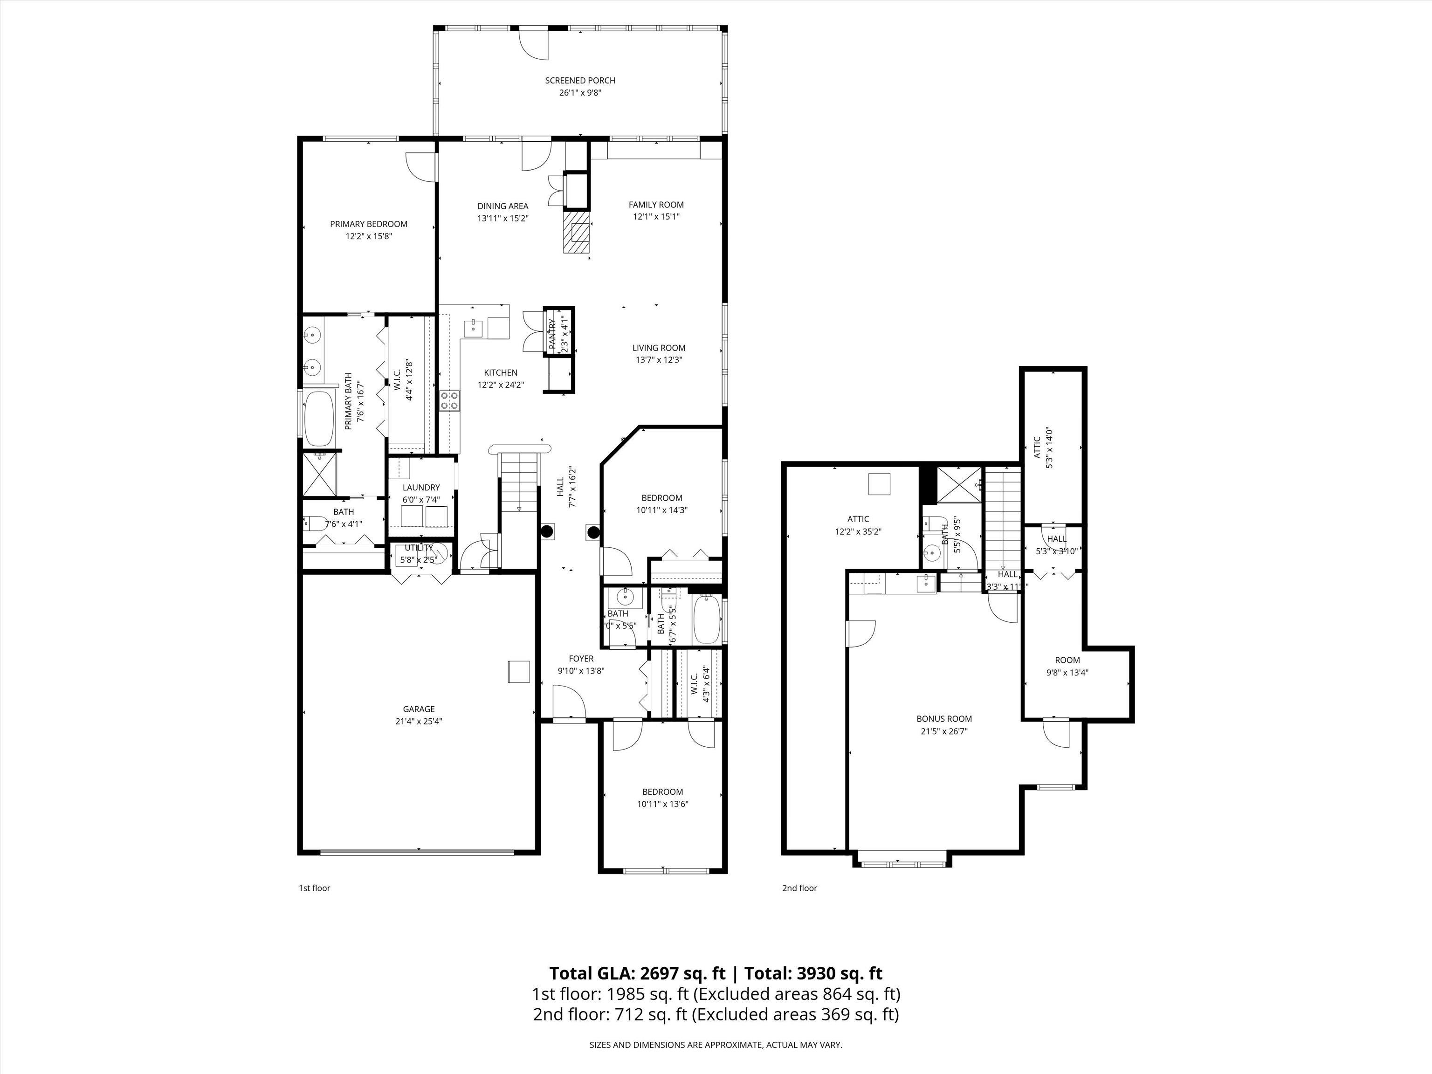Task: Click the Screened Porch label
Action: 579,80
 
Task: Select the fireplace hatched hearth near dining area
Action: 576,233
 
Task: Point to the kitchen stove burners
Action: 449,401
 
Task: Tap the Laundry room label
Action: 421,488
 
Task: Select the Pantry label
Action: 553,335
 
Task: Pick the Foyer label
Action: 581,659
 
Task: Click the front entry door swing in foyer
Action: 568,703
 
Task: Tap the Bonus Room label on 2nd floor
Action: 944,719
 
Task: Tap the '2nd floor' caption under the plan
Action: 799,888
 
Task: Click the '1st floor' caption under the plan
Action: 314,888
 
